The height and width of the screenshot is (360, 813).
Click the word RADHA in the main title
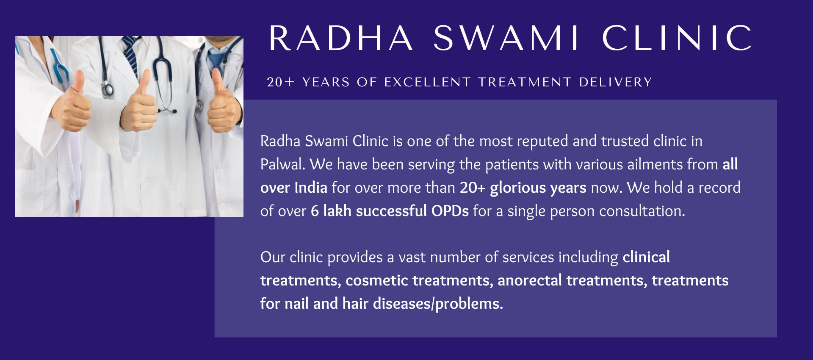(x=341, y=38)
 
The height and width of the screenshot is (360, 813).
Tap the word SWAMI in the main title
(x=506, y=38)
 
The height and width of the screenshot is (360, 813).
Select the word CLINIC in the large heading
(x=677, y=38)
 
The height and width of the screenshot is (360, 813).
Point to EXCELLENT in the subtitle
(x=428, y=82)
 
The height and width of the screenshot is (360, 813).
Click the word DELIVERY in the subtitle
(x=616, y=82)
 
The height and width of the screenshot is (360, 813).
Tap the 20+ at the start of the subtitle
(x=280, y=82)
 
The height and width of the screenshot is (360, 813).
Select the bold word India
(x=311, y=188)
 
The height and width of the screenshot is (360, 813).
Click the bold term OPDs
(x=450, y=211)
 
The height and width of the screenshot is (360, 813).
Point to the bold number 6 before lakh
(x=315, y=211)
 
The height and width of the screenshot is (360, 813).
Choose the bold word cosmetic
(x=377, y=280)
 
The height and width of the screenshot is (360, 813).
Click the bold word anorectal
(x=530, y=280)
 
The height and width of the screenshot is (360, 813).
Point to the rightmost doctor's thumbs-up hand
(x=222, y=104)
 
